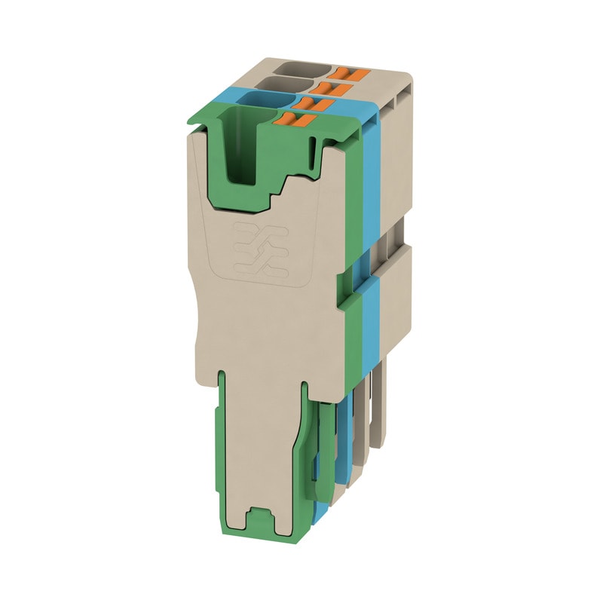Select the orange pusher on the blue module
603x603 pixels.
coord(310,103)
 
